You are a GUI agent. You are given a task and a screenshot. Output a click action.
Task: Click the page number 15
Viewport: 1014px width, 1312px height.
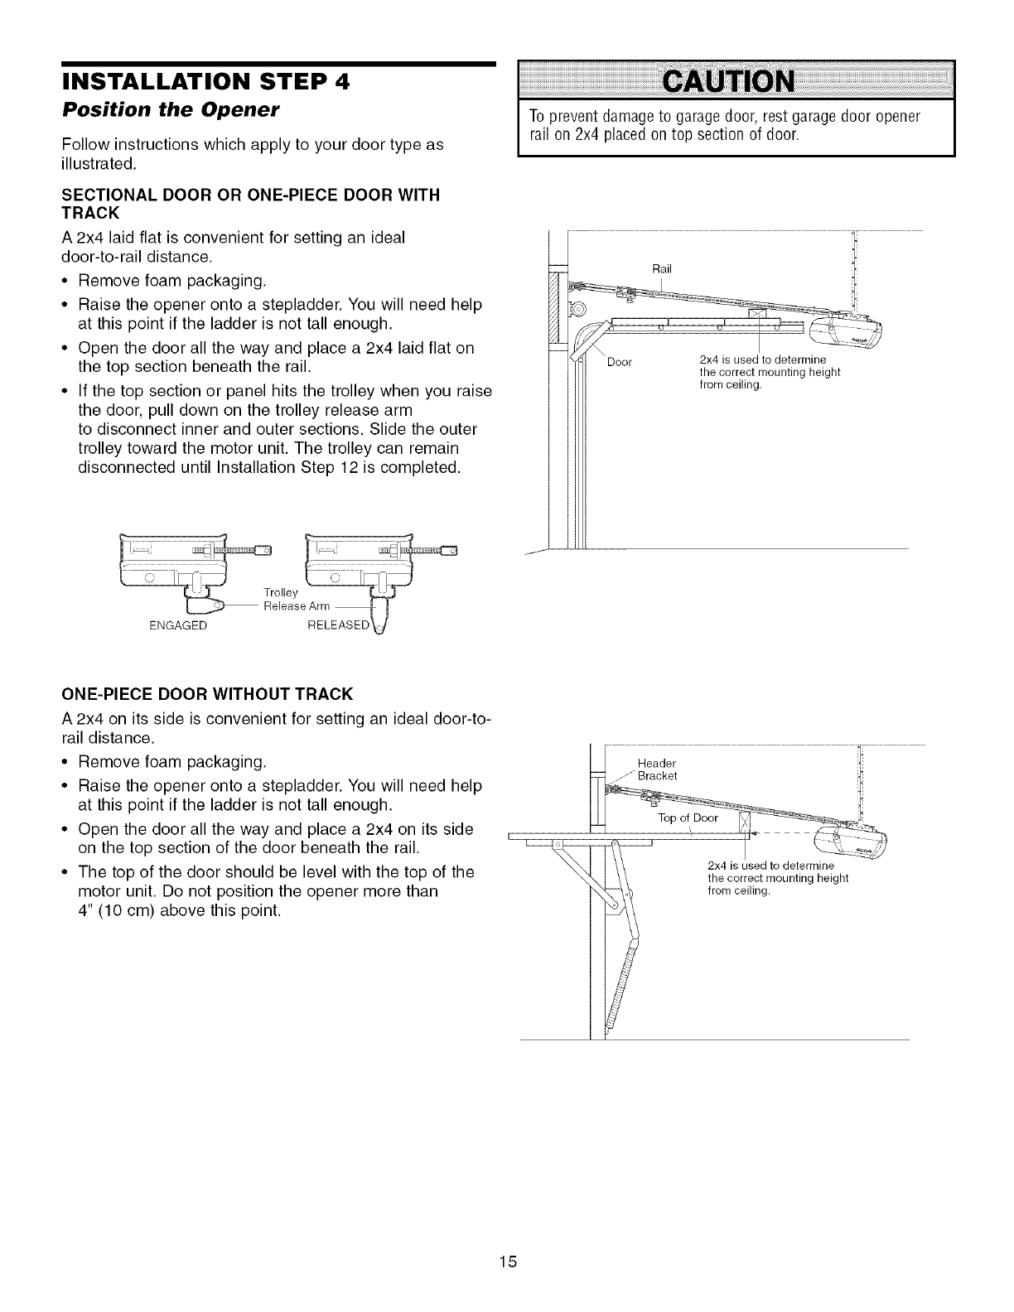(508, 1238)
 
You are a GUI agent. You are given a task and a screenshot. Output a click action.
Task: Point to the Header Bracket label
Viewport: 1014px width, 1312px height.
(658, 769)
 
